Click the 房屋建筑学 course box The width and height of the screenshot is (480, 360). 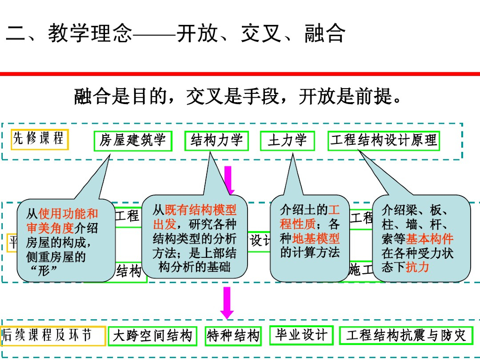(133, 141)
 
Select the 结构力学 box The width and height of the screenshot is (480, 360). (217, 141)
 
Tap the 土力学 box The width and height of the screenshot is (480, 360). (287, 141)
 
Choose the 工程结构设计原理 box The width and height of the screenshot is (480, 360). (383, 140)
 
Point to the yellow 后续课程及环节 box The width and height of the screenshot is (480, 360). (53, 336)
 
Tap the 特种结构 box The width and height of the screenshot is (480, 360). (233, 336)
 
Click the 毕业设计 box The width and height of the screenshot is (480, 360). (301, 335)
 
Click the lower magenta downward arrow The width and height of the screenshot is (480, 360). (227, 302)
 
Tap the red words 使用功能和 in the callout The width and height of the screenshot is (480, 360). (68, 214)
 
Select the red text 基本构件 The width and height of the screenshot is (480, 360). (430, 239)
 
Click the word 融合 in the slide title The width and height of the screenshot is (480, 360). (325, 34)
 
